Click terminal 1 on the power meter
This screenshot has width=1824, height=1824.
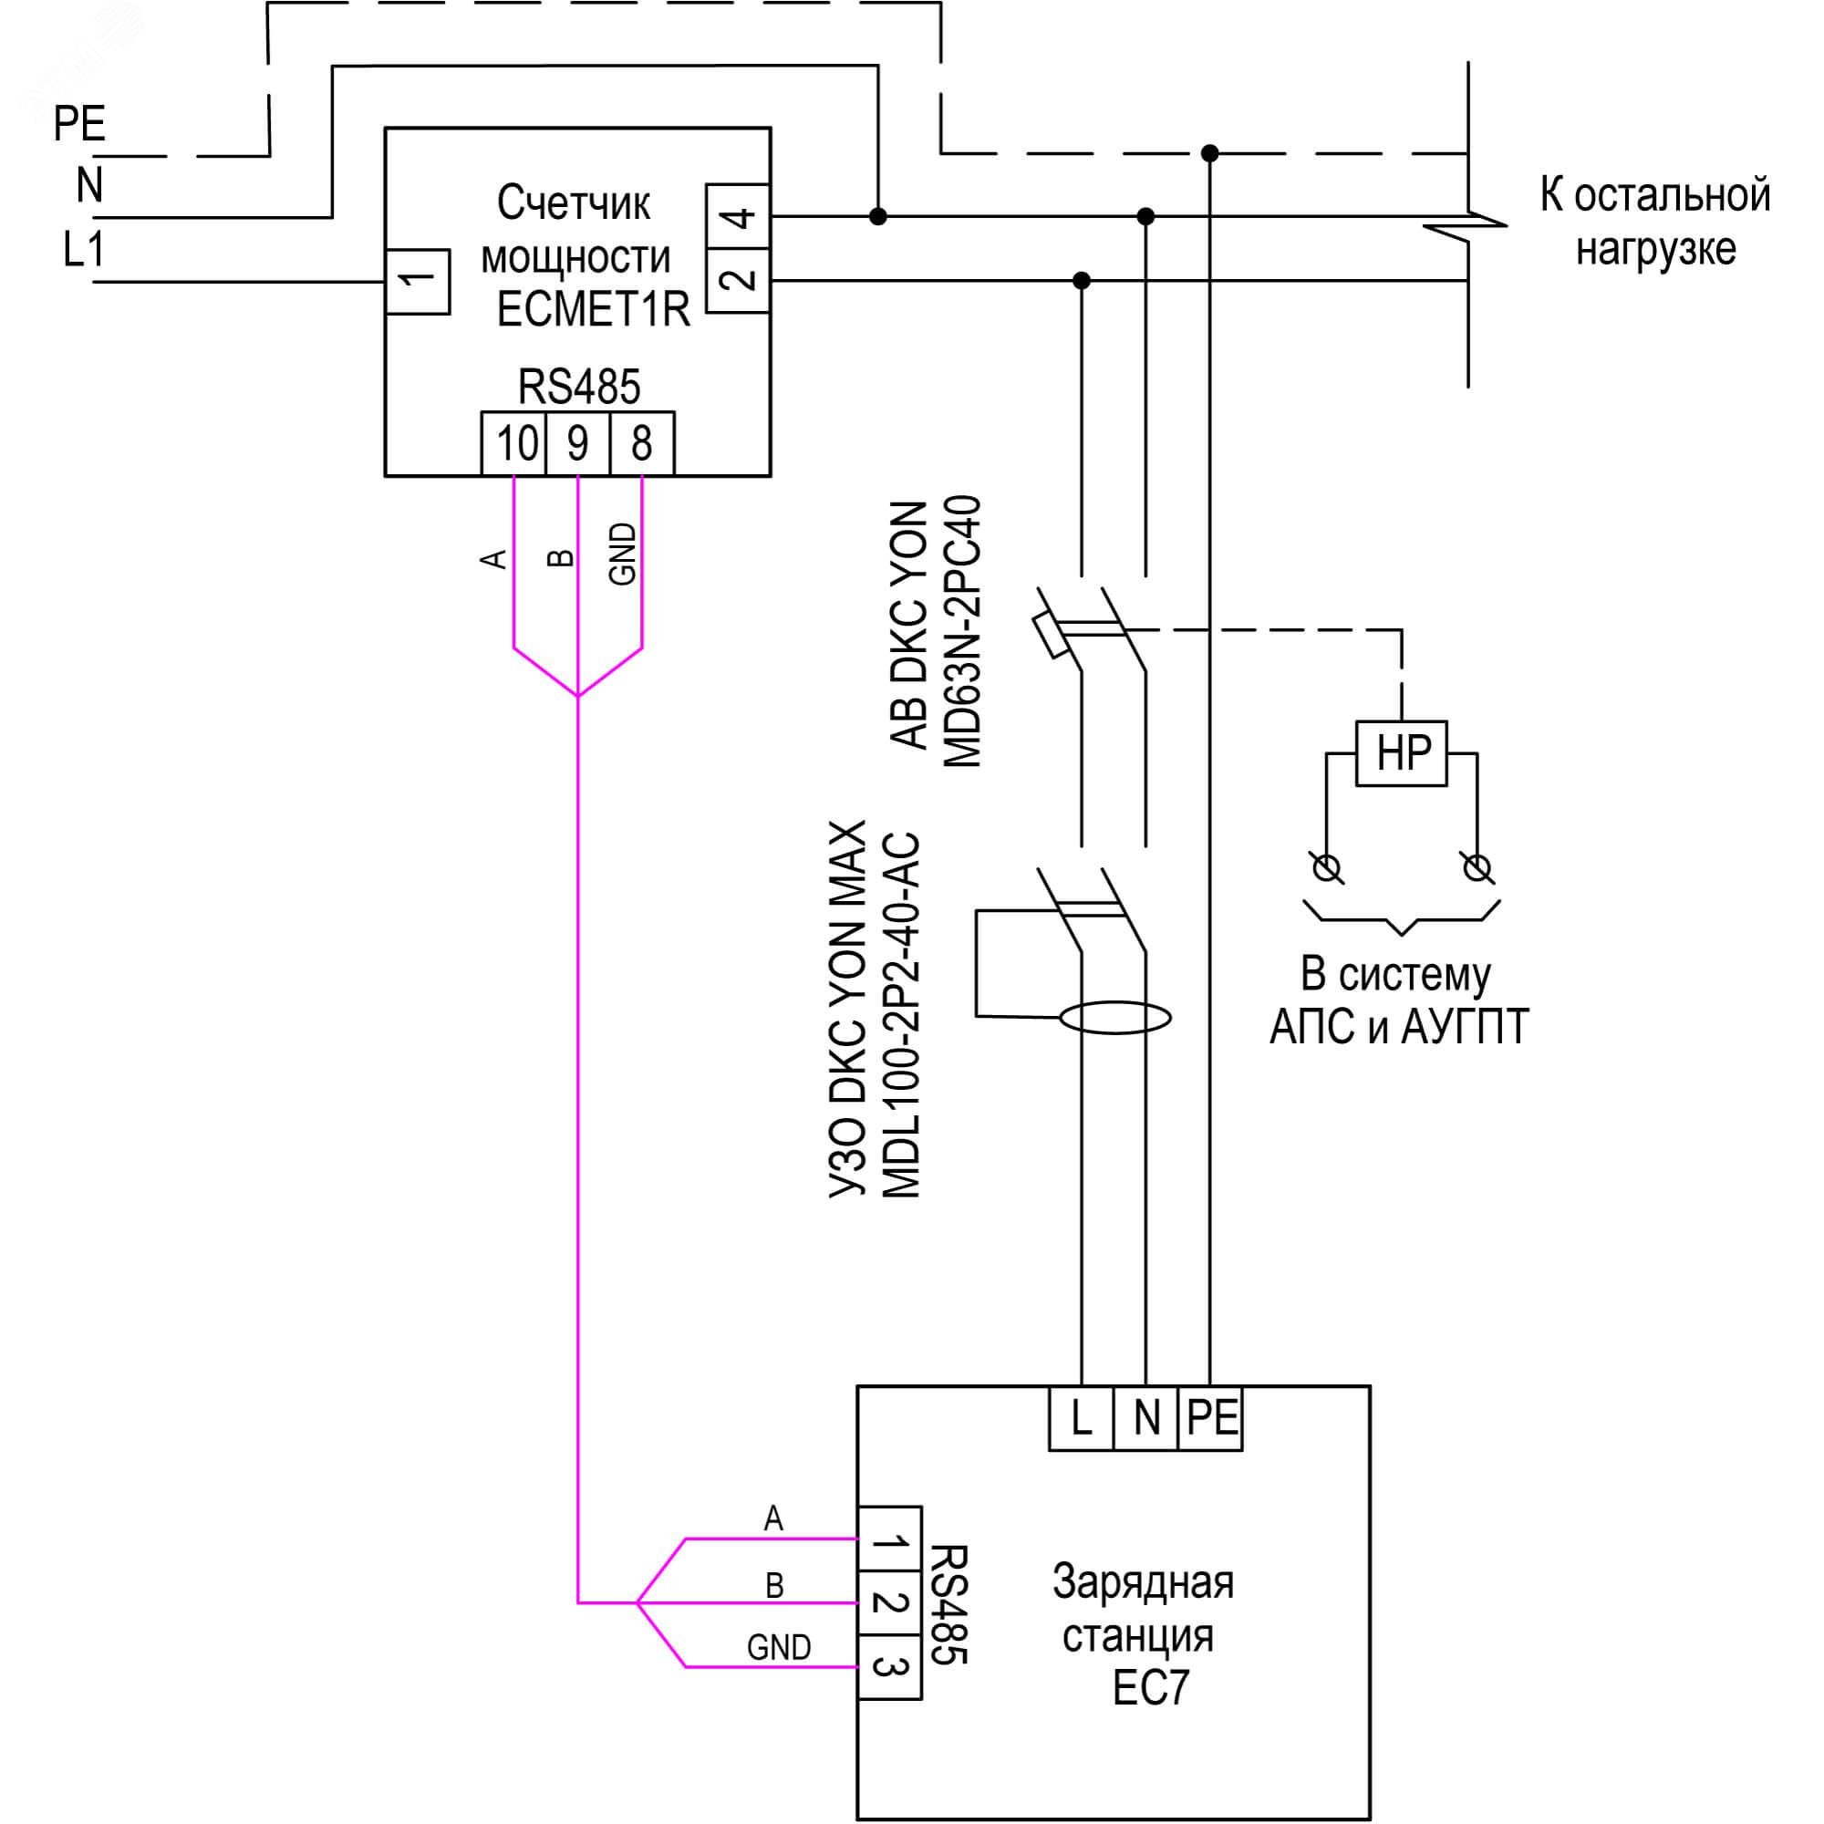click(x=418, y=280)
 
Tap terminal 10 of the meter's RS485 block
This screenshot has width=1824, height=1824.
click(x=514, y=443)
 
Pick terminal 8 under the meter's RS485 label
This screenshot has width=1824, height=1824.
click(x=642, y=443)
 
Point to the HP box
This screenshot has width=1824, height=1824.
click(x=1402, y=753)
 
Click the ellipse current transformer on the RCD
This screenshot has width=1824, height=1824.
click(x=1115, y=1019)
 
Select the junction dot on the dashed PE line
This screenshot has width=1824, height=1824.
click(x=1209, y=153)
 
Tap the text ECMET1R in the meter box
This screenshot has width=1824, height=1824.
click(x=593, y=310)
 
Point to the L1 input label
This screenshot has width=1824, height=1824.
click(x=83, y=250)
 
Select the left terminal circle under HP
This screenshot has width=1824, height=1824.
click(x=1326, y=866)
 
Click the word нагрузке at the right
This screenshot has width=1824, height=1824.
click(x=1656, y=249)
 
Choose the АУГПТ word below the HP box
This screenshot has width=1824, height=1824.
click(x=1465, y=1028)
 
